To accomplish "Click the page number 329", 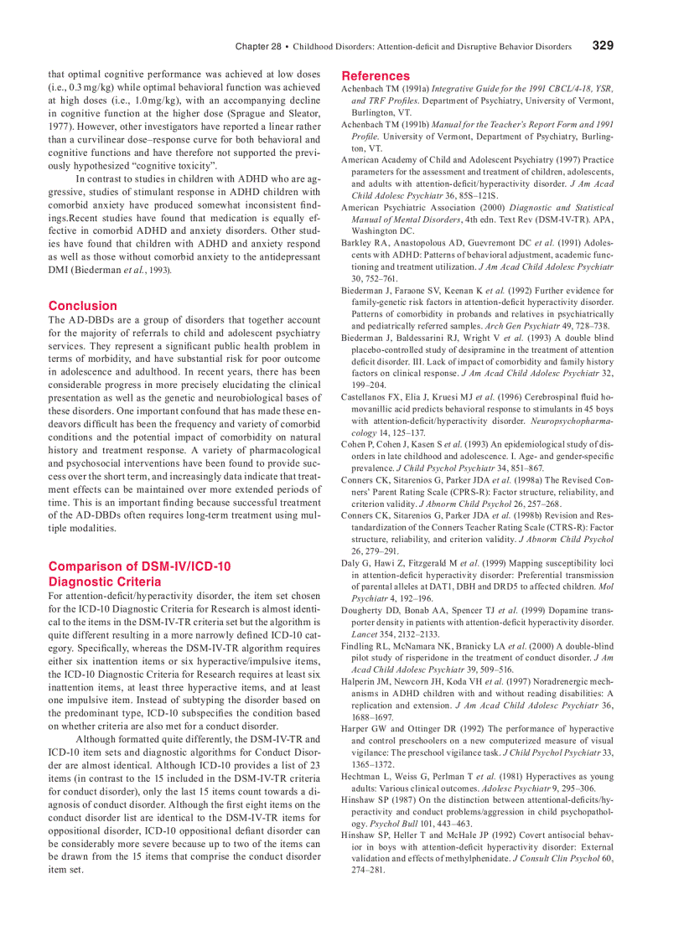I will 603,45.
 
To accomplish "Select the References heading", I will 376,75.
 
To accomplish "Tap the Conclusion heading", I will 83,306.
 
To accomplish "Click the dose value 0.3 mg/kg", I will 84,87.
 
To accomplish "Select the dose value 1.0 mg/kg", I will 137,101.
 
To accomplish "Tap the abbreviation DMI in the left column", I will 60,270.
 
